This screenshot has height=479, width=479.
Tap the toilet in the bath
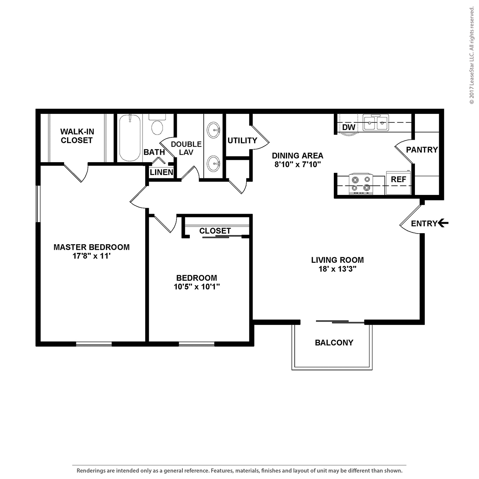pos(157,124)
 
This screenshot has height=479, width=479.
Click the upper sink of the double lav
pos(214,130)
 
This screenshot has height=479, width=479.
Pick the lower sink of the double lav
pos(214,163)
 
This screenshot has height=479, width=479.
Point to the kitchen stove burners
pos(361,184)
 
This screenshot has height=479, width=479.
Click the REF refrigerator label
pos(398,179)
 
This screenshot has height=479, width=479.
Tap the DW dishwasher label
pos(349,127)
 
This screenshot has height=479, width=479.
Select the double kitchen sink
pos(375,122)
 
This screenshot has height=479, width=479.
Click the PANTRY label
pos(422,150)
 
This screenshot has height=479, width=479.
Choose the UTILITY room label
pos(242,140)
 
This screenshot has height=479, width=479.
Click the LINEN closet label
pos(162,172)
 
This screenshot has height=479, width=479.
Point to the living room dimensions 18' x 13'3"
pos(338,269)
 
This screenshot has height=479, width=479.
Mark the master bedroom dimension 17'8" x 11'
pos(91,256)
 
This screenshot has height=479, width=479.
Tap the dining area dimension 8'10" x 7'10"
pos(298,164)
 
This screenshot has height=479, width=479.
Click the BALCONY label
pos(334,343)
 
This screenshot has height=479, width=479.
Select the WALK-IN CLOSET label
pos(77,136)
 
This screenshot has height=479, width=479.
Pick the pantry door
pos(404,153)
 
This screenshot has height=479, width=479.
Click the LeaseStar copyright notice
pos(472,56)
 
